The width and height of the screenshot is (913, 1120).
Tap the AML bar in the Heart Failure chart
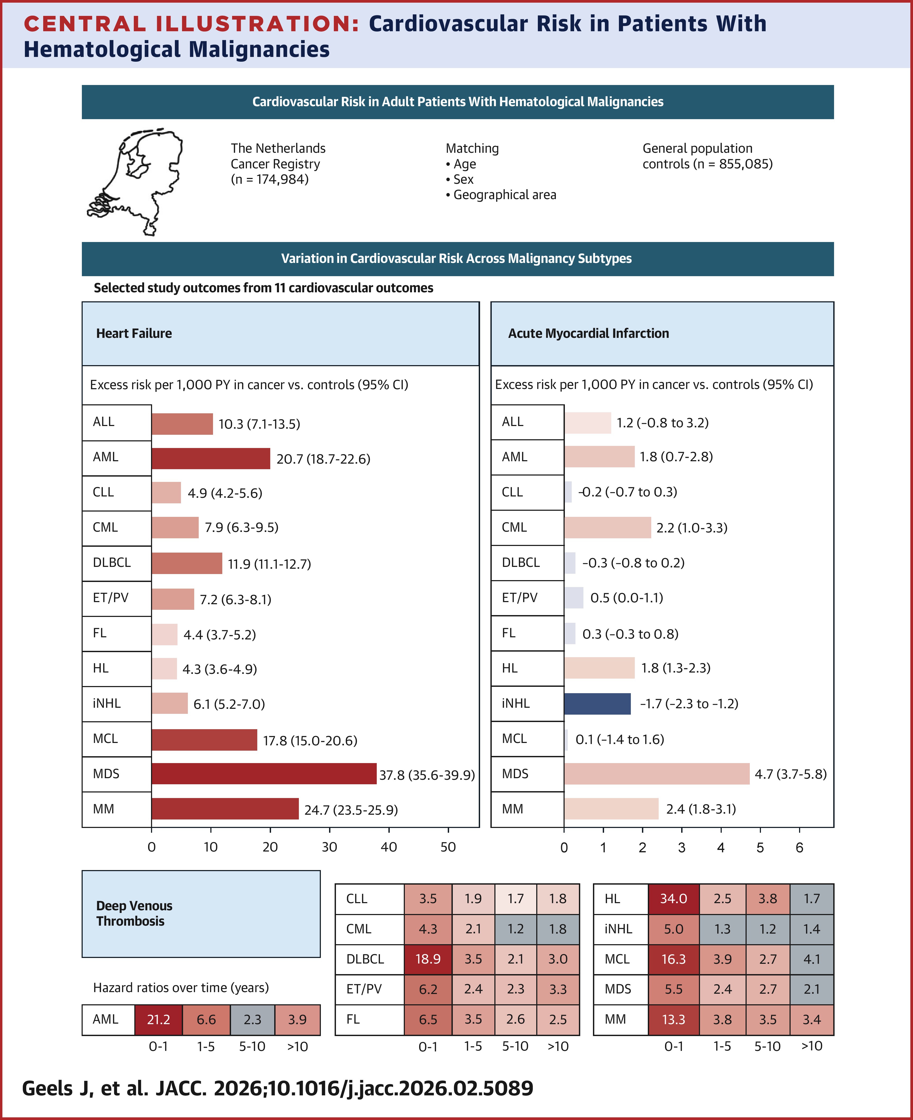point(210,458)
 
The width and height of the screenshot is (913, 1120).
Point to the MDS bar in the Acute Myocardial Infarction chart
point(656,774)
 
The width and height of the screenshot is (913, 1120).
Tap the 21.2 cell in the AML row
point(158,1020)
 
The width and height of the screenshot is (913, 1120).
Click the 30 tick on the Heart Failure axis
point(329,847)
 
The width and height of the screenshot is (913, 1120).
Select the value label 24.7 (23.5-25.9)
point(351,810)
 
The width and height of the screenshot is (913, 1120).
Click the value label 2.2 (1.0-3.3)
point(692,528)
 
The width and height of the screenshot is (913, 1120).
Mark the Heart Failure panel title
point(134,333)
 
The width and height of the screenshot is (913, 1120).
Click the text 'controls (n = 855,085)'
point(707,164)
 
